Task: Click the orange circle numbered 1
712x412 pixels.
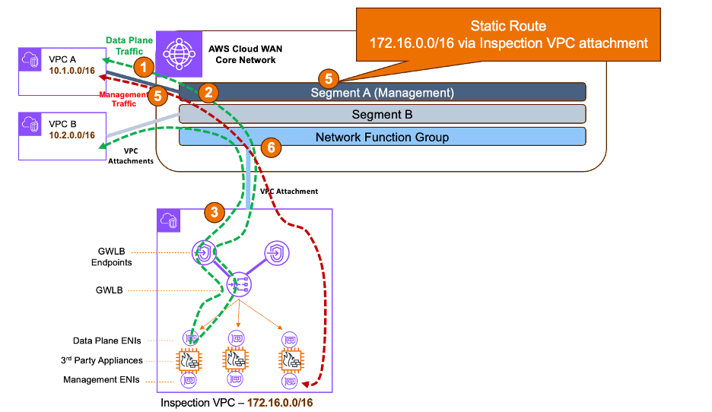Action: coord(141,66)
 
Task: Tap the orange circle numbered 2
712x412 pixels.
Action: coord(208,92)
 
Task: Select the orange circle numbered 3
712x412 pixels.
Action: coord(216,213)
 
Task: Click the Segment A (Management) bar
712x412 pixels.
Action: coord(382,93)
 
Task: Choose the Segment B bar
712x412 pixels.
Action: coord(382,115)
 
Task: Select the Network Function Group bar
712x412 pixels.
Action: coord(382,137)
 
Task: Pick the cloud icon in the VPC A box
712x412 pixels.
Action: coord(31,60)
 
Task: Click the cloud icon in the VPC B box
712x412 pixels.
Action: coord(31,124)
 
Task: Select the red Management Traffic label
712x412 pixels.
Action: coord(124,100)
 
